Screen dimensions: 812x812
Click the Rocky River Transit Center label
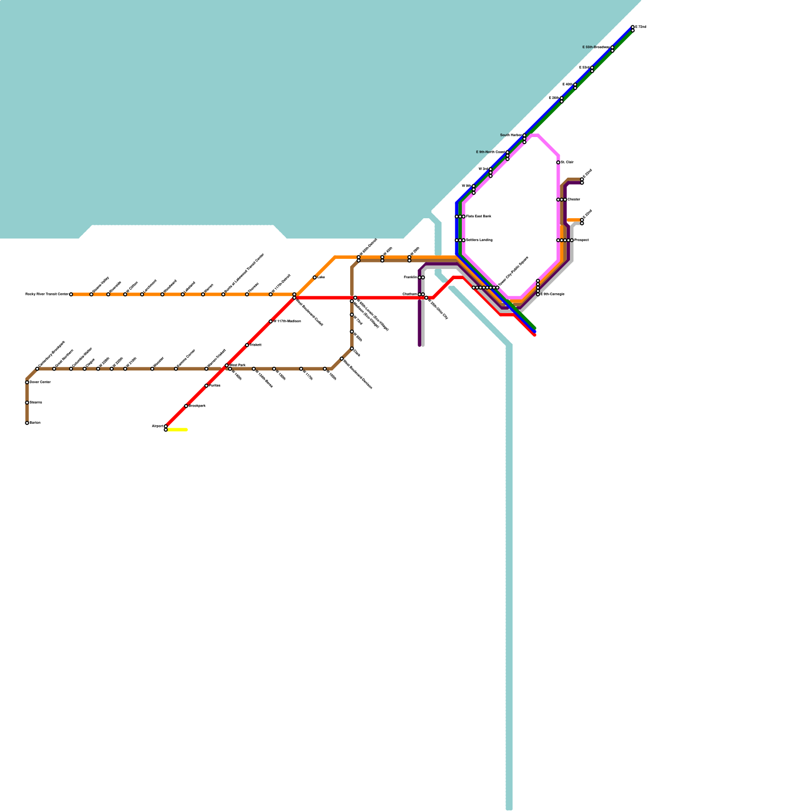pos(46,294)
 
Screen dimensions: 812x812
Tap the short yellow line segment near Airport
pos(177,430)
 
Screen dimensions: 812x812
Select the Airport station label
pos(157,426)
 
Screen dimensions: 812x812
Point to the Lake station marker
pos(315,278)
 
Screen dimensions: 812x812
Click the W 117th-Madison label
pos(287,321)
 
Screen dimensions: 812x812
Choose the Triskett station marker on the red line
pos(247,345)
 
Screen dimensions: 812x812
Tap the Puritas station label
pos(215,386)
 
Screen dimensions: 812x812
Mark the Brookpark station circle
pos(186,406)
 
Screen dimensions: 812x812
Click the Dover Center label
pos(40,382)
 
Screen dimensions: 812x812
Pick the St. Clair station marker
pos(558,162)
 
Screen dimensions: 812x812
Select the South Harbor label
pos(511,136)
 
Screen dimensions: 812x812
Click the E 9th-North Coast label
pos(490,152)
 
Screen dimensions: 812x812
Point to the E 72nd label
pos(641,27)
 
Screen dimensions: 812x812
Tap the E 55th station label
pos(596,47)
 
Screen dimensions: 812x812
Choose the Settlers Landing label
pos(479,240)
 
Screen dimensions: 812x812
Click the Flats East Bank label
pos(479,217)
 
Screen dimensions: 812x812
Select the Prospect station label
pos(582,240)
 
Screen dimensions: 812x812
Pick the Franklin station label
pos(411,278)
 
